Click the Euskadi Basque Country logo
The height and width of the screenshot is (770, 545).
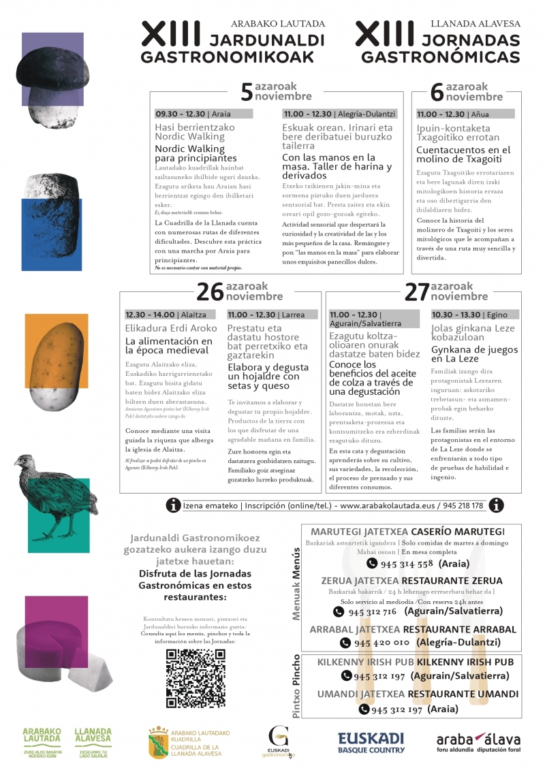(371, 743)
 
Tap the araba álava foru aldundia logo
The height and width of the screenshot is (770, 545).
(478, 743)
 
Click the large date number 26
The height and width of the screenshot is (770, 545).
(209, 291)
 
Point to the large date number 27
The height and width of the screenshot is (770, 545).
(416, 291)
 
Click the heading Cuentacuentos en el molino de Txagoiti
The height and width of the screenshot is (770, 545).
(463, 155)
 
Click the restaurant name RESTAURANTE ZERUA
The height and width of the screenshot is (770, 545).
(452, 581)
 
